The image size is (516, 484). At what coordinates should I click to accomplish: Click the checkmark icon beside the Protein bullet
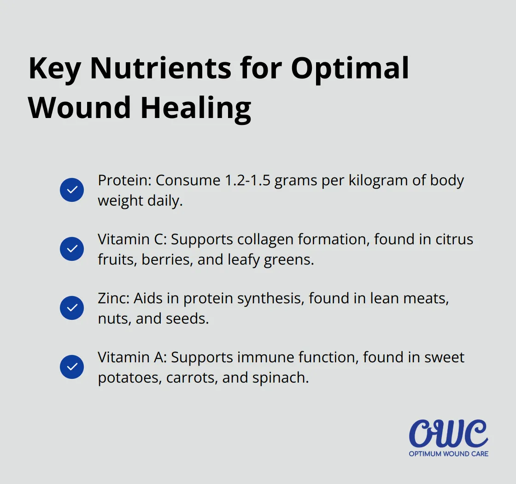pos(72,190)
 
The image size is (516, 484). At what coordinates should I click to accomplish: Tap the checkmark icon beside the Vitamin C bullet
pos(72,249)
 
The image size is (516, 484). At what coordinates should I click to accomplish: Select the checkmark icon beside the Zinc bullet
pos(72,308)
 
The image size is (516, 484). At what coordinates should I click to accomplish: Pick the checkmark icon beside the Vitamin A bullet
pos(72,367)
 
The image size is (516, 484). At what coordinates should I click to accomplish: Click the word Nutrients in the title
pos(161,68)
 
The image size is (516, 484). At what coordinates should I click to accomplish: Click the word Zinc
pos(113,298)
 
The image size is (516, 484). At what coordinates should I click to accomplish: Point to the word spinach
pos(280,378)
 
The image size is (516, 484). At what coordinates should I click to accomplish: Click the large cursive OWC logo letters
pos(448,433)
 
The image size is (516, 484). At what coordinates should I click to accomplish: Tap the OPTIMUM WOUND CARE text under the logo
pos(448,454)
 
